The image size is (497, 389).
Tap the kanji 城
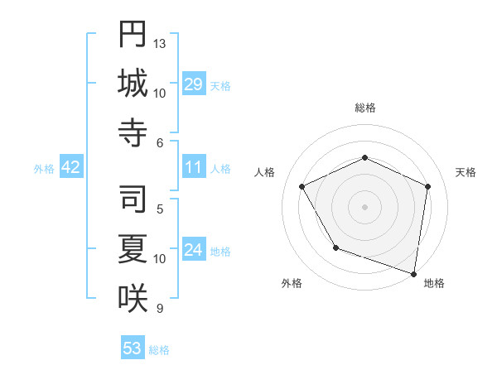133,84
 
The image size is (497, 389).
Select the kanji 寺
133,133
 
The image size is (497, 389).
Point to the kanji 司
133,199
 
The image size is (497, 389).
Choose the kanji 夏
133,248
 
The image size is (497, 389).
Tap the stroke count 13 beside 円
160,43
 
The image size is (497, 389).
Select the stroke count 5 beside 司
160,209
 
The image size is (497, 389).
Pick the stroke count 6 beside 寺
160,143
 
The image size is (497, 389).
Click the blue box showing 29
193,84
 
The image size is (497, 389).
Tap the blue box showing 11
193,167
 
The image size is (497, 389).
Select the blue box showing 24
193,250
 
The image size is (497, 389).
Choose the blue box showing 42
70,167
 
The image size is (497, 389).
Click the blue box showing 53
133,348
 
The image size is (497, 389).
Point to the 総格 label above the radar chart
364,108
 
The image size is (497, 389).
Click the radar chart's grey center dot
364,206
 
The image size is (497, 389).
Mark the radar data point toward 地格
413,273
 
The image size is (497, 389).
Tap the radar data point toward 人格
302,187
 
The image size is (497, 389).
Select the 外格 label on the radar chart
292,283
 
